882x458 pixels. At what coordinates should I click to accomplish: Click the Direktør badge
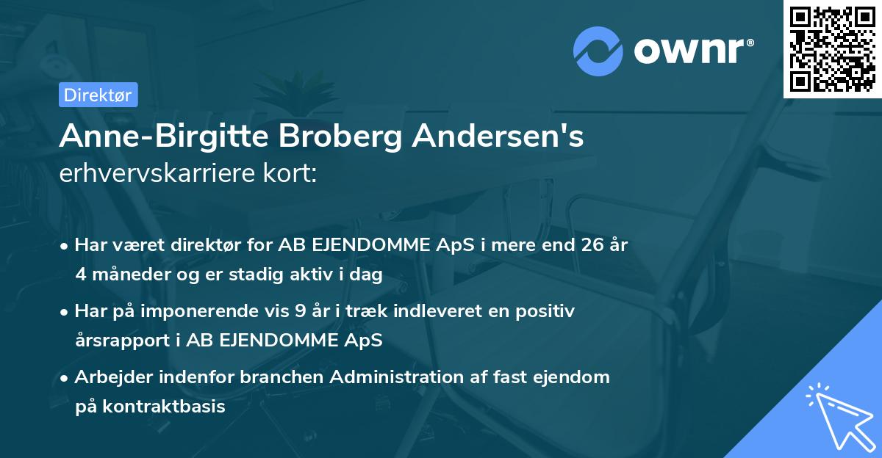click(x=98, y=95)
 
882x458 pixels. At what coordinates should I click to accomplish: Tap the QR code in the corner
click(x=831, y=49)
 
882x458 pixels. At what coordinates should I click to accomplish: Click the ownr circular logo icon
click(x=598, y=51)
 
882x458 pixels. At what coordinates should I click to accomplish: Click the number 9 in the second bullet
click(x=300, y=311)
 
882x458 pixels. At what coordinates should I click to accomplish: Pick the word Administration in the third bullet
click(x=398, y=377)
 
